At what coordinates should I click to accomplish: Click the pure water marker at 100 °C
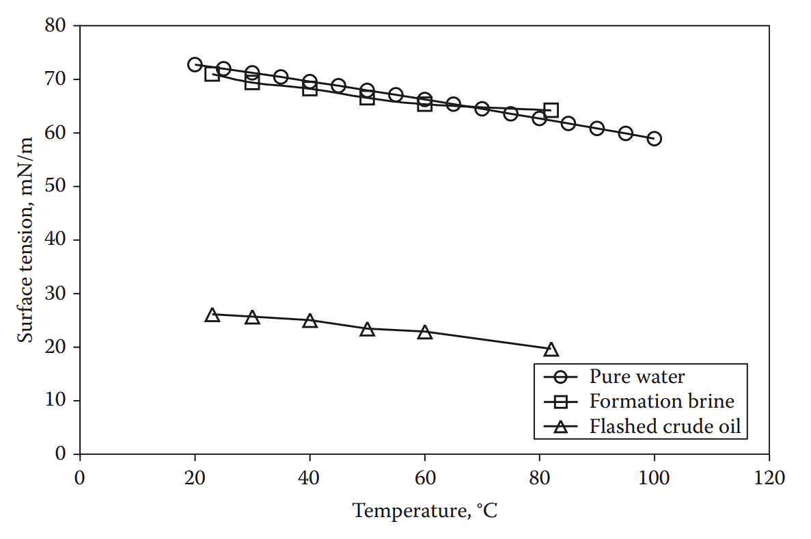[x=655, y=138]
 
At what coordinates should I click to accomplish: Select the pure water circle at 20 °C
[x=195, y=65]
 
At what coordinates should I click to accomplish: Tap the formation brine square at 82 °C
[x=551, y=110]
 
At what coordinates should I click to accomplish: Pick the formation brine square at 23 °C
[x=212, y=74]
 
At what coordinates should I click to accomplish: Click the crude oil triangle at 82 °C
[x=551, y=350]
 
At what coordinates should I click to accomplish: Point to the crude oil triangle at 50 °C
[x=367, y=330]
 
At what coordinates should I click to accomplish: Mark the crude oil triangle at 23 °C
[x=212, y=315]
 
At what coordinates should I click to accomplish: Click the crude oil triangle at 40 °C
[x=310, y=321]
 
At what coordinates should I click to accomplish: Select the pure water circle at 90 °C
[x=596, y=129]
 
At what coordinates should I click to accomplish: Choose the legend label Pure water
[x=637, y=376]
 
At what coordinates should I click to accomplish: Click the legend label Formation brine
[x=661, y=402]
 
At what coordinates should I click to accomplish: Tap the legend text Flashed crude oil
[x=665, y=427]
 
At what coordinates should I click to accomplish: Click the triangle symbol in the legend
[x=561, y=428]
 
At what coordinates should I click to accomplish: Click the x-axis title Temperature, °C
[x=424, y=510]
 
